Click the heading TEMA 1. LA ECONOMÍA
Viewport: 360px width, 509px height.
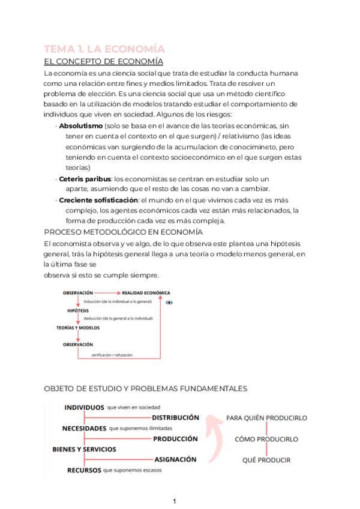point(104,49)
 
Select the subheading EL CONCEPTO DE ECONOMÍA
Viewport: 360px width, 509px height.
point(104,61)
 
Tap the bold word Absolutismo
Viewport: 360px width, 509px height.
point(80,126)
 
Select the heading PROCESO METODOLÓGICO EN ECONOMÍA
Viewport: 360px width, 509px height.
point(124,232)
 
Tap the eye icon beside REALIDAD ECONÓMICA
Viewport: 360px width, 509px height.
point(169,303)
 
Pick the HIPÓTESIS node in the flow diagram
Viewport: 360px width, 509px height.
point(78,310)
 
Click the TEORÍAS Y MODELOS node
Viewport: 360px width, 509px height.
point(78,328)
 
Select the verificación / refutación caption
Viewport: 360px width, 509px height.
point(112,355)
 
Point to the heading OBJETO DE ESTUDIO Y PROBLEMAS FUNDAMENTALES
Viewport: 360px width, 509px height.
point(146,389)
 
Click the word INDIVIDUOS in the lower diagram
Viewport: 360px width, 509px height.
point(84,408)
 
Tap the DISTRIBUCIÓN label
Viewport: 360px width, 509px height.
point(175,417)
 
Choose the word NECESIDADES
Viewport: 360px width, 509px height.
point(84,429)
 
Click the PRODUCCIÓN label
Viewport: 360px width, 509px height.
point(175,439)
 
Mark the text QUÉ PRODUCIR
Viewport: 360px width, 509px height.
point(266,460)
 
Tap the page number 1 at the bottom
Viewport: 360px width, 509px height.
point(174,501)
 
